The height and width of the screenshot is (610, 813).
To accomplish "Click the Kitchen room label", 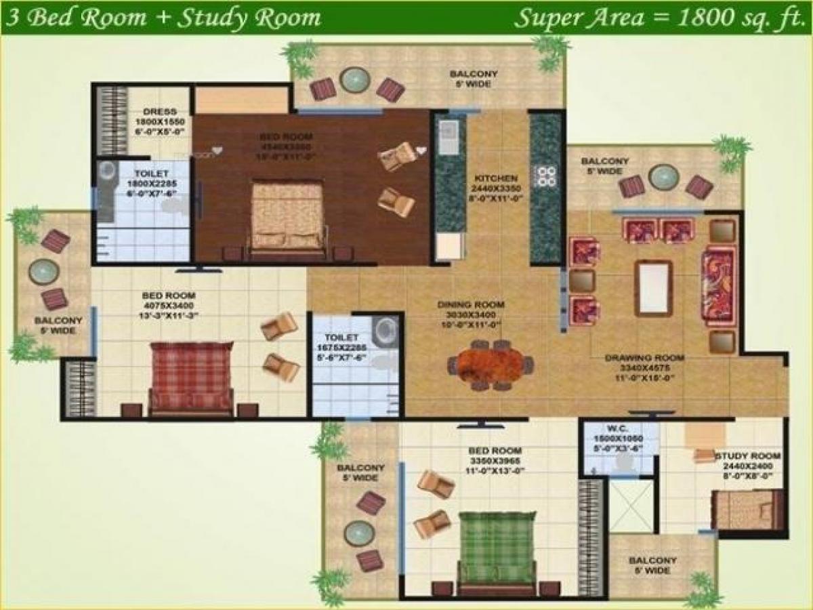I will point(500,178).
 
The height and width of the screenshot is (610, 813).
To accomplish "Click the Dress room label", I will point(161,112).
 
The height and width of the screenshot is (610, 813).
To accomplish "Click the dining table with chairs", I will point(491,365).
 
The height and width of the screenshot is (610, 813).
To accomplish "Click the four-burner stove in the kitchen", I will point(546,176).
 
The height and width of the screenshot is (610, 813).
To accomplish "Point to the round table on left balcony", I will point(44,271).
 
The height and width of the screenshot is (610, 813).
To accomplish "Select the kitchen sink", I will point(448,139).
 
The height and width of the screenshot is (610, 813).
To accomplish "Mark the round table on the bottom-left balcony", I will point(359,533).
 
